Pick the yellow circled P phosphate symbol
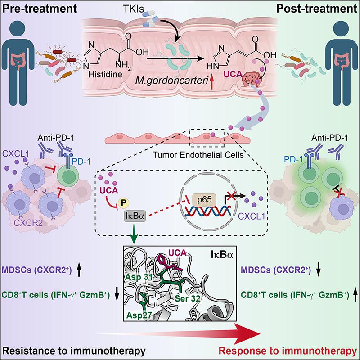coord(121,202)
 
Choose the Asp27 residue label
coord(141,313)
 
